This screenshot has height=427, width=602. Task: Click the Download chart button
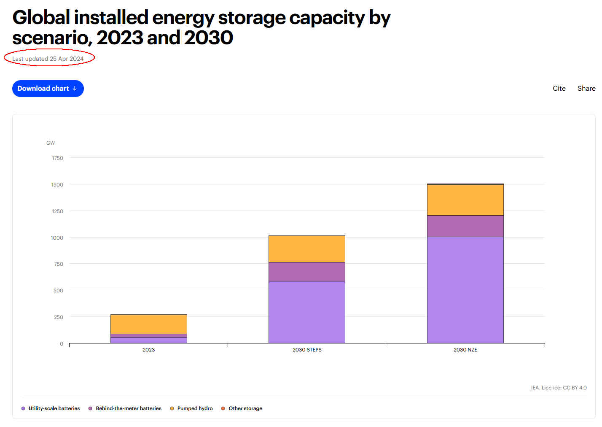click(48, 89)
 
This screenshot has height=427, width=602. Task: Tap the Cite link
click(559, 89)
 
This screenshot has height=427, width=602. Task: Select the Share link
click(586, 89)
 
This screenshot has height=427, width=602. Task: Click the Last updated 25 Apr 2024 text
click(48, 59)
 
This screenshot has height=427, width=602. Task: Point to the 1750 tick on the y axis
click(58, 158)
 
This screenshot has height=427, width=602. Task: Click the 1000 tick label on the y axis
click(57, 238)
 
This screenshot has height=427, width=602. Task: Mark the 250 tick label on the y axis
click(59, 317)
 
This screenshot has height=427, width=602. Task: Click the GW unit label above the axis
click(51, 143)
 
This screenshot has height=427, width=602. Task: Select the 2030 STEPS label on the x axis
click(307, 350)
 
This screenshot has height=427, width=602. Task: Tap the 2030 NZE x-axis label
click(465, 350)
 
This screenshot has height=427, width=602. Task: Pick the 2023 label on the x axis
click(148, 350)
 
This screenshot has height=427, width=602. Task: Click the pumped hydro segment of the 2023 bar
click(148, 324)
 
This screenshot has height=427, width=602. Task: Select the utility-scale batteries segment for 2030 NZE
click(465, 290)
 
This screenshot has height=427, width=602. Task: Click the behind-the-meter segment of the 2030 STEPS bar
click(307, 272)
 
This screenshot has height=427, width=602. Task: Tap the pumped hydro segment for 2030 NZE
click(465, 200)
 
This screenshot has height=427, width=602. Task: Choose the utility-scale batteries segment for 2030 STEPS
click(307, 312)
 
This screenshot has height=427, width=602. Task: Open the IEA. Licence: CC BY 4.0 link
click(559, 388)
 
